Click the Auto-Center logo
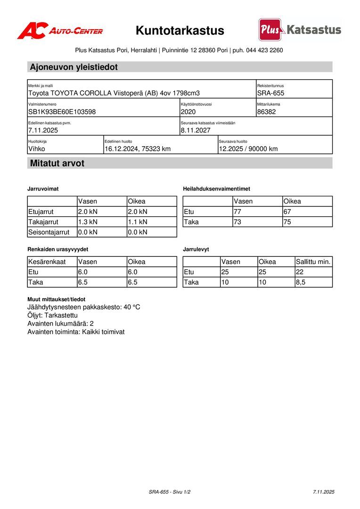coord(60,31)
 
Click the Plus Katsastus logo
coord(300,30)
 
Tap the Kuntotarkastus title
coord(180,31)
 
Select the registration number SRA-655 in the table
coord(270,93)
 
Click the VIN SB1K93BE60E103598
coord(62,112)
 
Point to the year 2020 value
coord(188,112)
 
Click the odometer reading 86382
coord(267,112)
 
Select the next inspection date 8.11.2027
coord(196,130)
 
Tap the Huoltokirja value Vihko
coord(37,149)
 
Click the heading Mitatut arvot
coord(57,164)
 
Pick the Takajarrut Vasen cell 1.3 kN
coord(88,222)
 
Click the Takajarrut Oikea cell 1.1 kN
coord(138,222)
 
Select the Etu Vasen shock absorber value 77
coord(237,212)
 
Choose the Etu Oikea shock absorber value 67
coord(287,212)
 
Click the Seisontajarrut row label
coord(49,232)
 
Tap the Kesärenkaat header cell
coord(47,262)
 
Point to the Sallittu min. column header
coord(313,262)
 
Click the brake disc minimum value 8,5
coord(301,282)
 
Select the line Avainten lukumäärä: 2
coord(60,324)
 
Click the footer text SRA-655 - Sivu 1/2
coord(170,492)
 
